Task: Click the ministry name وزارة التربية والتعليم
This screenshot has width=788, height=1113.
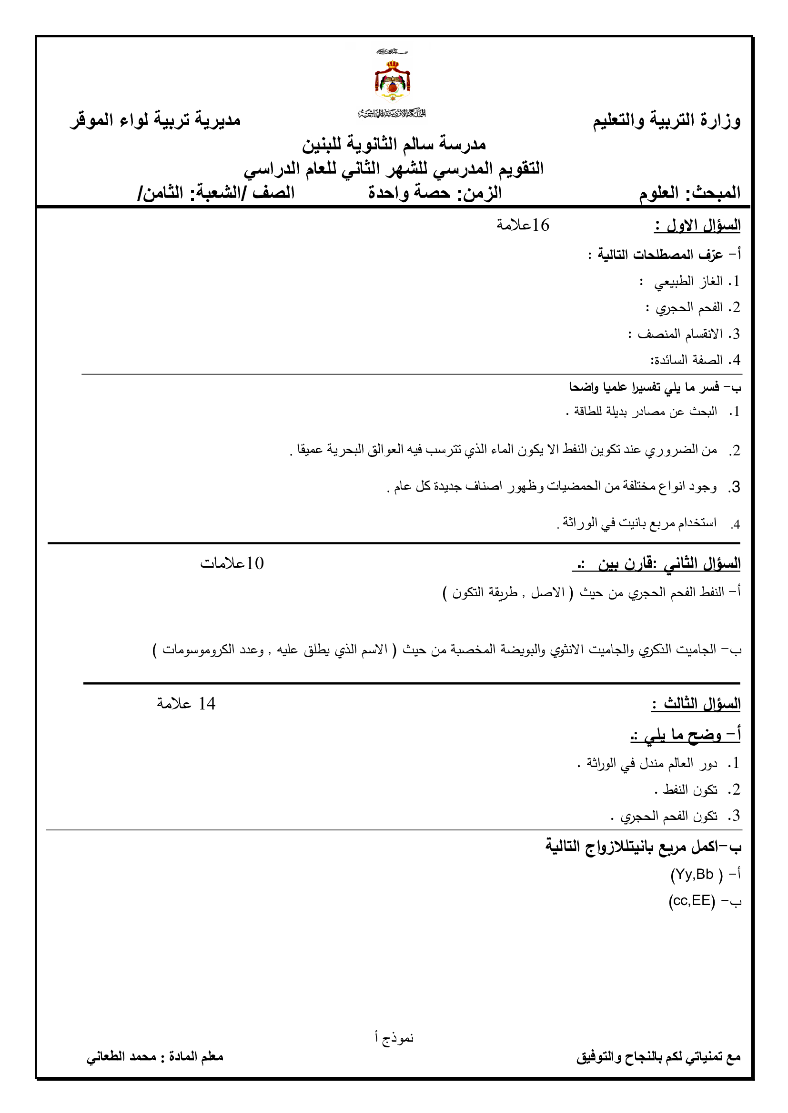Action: click(666, 120)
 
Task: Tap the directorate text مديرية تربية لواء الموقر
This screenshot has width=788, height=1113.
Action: click(155, 120)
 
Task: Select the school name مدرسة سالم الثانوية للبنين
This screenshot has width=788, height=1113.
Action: click(394, 144)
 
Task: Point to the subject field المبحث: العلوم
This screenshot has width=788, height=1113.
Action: click(689, 193)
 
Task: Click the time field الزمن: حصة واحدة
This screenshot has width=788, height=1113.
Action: click(435, 193)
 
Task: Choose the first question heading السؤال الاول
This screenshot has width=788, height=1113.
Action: click(697, 226)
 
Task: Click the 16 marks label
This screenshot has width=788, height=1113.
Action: click(523, 225)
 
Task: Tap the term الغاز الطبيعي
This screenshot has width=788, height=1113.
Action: click(688, 281)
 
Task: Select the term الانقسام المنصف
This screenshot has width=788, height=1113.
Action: click(680, 334)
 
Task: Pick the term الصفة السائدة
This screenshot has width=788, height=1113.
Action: click(687, 360)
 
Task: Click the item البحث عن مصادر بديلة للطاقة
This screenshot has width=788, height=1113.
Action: click(645, 412)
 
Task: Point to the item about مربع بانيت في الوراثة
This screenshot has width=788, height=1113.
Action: click(639, 522)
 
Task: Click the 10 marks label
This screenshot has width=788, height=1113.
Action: click(232, 563)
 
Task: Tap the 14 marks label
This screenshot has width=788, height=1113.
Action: click(186, 704)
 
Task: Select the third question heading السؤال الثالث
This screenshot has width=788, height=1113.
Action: click(697, 704)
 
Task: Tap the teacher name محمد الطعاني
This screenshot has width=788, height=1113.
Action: click(121, 1057)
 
